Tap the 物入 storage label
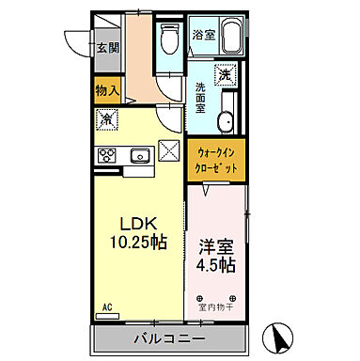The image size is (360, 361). pyautogui.click(x=107, y=90)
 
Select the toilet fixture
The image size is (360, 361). pyautogui.click(x=169, y=39)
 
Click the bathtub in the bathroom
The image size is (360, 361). pyautogui.click(x=229, y=37)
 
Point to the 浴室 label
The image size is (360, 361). pyautogui.click(x=204, y=35)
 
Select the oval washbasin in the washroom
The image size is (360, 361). pyautogui.click(x=225, y=121)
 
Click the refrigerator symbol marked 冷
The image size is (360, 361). pyautogui.click(x=107, y=119)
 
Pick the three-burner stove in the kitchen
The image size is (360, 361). pyautogui.click(x=105, y=155)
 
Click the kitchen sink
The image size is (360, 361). pyautogui.click(x=139, y=155)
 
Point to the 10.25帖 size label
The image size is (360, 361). pyautogui.click(x=136, y=243)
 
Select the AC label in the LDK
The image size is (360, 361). pyautogui.click(x=106, y=307)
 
